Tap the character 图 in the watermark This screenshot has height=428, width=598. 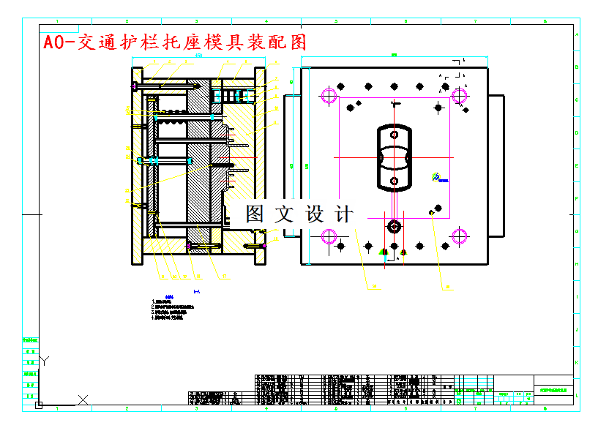(255, 214)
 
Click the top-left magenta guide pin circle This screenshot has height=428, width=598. (329, 95)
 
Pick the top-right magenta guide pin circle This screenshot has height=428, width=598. (460, 95)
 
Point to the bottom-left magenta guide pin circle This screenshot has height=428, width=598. (329, 236)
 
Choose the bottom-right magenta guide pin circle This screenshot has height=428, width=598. (460, 236)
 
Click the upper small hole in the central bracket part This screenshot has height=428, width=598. (394, 135)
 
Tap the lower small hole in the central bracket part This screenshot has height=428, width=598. (394, 181)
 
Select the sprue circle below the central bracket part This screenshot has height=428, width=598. (394, 227)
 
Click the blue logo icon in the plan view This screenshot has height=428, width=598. (436, 177)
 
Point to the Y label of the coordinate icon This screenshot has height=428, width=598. (44, 359)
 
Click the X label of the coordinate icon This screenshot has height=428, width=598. (83, 399)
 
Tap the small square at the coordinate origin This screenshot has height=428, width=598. (39, 404)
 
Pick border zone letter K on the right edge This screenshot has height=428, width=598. (577, 362)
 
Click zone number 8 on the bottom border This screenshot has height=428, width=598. (545, 408)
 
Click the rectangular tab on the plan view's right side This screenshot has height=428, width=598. (496, 166)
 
